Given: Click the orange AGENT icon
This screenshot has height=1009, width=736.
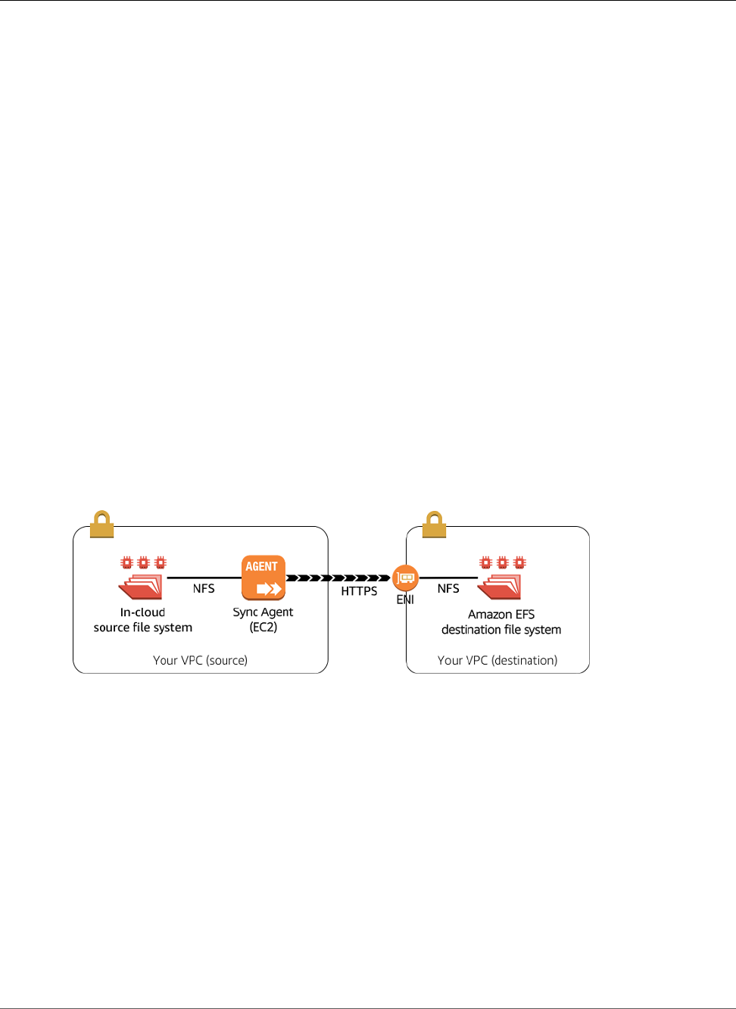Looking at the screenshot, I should pyautogui.click(x=264, y=578).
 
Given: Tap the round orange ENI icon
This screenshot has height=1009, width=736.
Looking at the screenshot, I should pyautogui.click(x=405, y=578).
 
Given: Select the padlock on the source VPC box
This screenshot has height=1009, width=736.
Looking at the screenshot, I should pyautogui.click(x=101, y=524).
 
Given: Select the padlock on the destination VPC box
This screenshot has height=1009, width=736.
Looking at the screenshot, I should pyautogui.click(x=434, y=524).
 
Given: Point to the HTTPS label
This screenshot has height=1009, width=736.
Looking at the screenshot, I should pyautogui.click(x=359, y=591).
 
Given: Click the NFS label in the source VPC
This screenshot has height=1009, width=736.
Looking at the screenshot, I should pyautogui.click(x=204, y=589).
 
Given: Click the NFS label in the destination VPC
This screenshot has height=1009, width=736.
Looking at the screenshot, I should pyautogui.click(x=448, y=589).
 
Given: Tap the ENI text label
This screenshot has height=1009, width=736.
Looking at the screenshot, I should pyautogui.click(x=405, y=599).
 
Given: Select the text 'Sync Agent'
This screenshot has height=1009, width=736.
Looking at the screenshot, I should pyautogui.click(x=263, y=612).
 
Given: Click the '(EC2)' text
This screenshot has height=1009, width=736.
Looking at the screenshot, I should pyautogui.click(x=264, y=628).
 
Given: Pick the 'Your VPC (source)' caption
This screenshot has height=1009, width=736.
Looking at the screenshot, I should pyautogui.click(x=200, y=660).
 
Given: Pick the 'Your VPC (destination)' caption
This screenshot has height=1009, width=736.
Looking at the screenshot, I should pyautogui.click(x=497, y=660).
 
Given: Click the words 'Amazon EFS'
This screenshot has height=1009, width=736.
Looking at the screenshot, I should pyautogui.click(x=501, y=615).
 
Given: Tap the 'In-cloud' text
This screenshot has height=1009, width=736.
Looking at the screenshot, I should pyautogui.click(x=142, y=612).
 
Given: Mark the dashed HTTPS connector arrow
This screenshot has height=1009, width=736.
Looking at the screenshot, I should pyautogui.click(x=338, y=578).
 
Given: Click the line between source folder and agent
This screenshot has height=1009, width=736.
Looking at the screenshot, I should pyautogui.click(x=203, y=578).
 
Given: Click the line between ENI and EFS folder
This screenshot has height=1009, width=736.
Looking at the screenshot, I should pyautogui.click(x=448, y=578).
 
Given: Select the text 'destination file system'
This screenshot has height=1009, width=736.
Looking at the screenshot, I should pyautogui.click(x=501, y=630).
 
